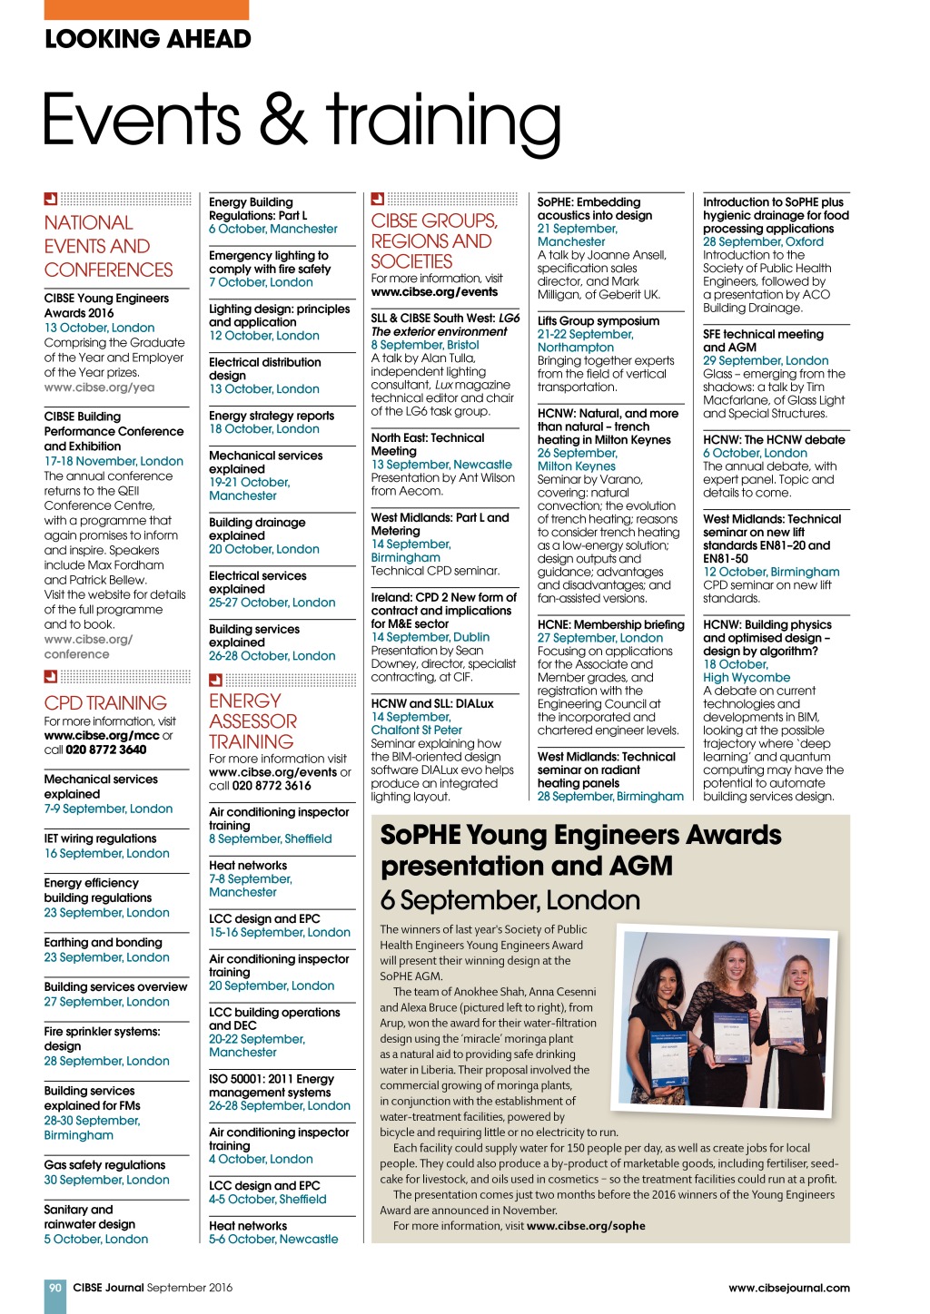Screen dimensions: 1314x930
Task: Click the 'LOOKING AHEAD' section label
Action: [x=148, y=39]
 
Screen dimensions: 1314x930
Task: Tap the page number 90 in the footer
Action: [x=55, y=1287]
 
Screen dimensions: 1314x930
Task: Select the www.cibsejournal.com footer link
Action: [x=788, y=1287]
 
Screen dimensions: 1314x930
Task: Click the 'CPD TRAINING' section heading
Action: [x=105, y=702]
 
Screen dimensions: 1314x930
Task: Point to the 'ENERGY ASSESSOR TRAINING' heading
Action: [x=252, y=721]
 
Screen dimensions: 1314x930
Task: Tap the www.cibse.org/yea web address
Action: [x=99, y=387]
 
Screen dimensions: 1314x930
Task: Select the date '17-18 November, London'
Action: [x=114, y=461]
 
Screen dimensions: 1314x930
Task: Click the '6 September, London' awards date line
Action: [x=510, y=899]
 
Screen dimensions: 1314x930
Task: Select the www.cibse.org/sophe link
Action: [x=586, y=1225]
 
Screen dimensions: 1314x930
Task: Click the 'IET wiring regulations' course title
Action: [x=100, y=838]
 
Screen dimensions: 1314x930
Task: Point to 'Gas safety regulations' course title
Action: [x=104, y=1164]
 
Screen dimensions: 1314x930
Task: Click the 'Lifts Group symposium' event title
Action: [x=598, y=320]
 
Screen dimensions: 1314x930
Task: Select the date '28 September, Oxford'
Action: [x=763, y=241]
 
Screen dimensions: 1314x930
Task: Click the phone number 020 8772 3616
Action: [x=272, y=786]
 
